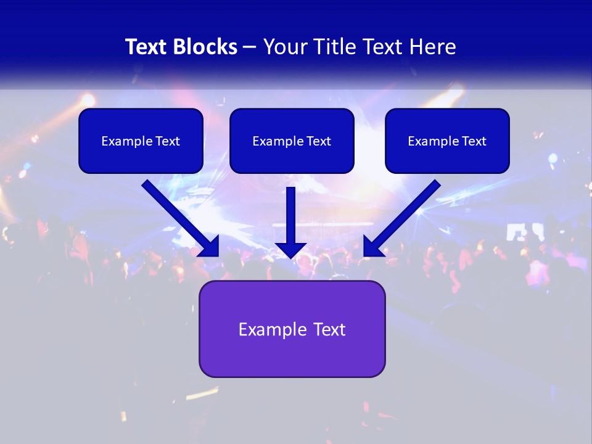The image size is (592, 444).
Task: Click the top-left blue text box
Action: click(141, 141)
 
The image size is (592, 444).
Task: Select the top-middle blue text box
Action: click(292, 141)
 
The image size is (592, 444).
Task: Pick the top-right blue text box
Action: click(447, 141)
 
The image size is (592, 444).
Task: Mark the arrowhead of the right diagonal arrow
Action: click(372, 247)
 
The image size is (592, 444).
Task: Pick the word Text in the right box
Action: click(474, 141)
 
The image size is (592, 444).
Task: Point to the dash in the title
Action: click(250, 47)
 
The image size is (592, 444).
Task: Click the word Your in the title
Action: click(282, 47)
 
